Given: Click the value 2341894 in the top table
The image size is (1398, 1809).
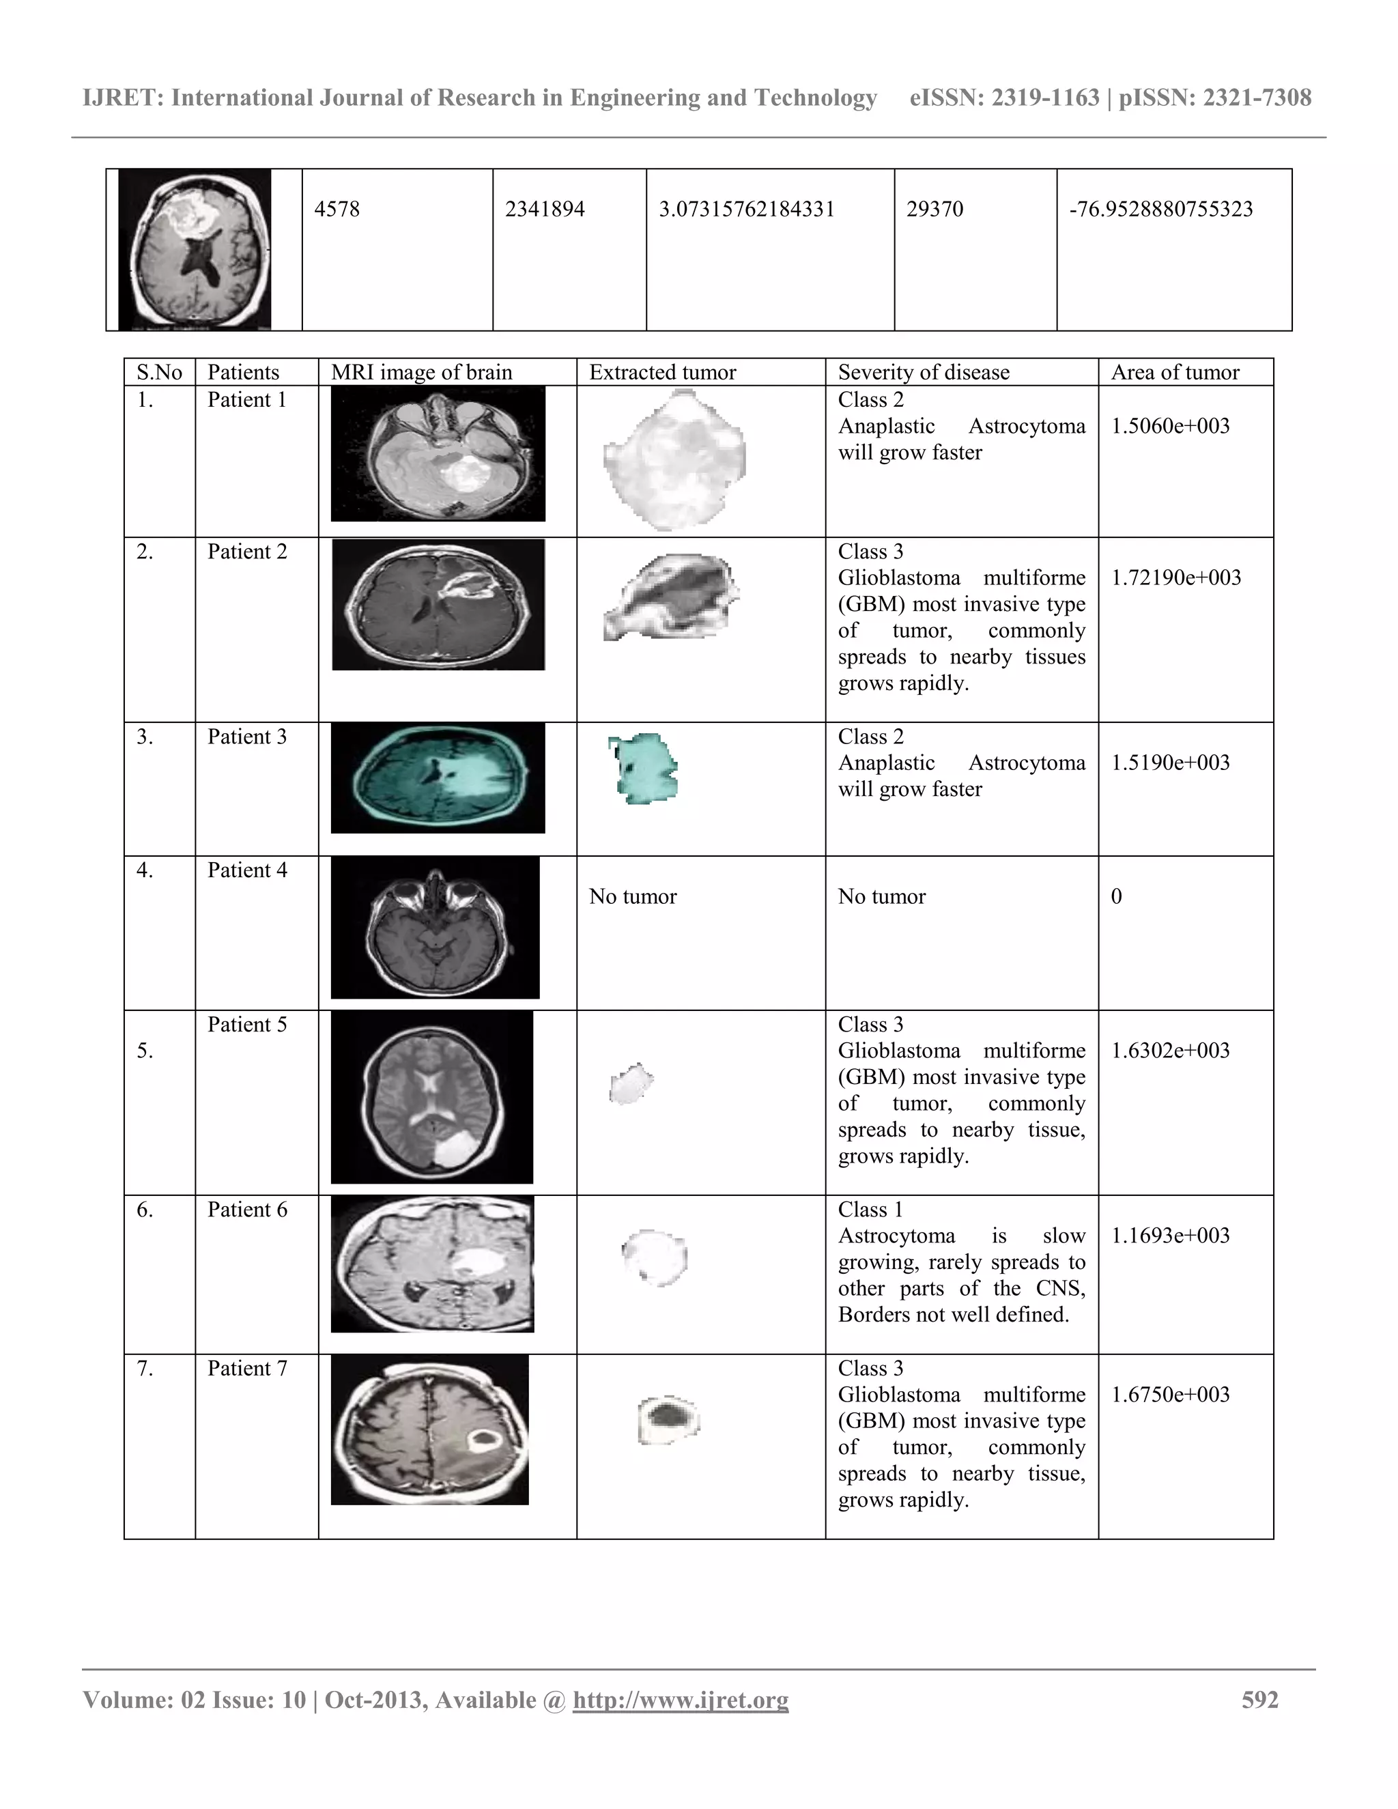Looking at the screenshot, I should click(x=544, y=209).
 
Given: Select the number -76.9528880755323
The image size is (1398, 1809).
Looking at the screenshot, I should click(x=1160, y=209).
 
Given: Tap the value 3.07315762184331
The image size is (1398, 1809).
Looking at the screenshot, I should click(x=746, y=209).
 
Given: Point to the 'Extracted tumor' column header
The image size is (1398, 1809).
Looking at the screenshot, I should click(x=661, y=373).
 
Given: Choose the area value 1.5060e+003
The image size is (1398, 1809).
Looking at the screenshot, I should click(x=1169, y=427).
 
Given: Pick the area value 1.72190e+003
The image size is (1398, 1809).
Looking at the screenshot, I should click(x=1175, y=578).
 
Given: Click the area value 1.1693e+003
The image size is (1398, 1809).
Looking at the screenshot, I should click(x=1169, y=1236).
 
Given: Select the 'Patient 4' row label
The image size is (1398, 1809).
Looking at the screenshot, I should click(x=247, y=870).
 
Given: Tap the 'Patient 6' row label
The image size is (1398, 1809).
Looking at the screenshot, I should click(x=247, y=1210).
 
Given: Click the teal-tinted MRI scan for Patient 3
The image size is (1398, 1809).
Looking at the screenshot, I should click(x=438, y=778).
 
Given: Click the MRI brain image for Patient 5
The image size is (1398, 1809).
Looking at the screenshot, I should click(x=431, y=1097).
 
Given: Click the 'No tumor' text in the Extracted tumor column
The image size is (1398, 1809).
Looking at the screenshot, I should click(x=633, y=897).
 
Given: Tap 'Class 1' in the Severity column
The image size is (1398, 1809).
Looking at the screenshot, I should click(x=870, y=1210).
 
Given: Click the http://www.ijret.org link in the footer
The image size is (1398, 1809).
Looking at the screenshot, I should click(x=680, y=1700).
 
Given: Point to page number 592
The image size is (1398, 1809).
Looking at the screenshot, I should click(x=1259, y=1700).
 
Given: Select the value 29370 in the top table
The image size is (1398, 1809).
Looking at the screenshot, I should click(x=935, y=209).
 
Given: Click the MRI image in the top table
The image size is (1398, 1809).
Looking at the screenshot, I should click(x=195, y=249).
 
